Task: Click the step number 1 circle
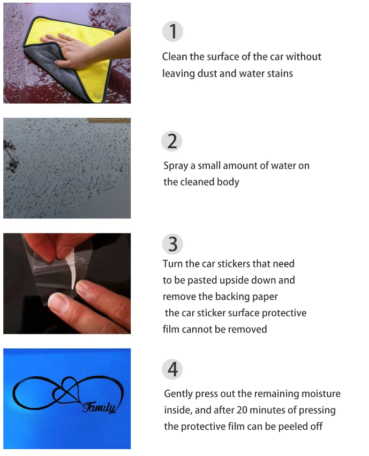[172, 32]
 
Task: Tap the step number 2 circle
[172, 141]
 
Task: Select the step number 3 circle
[172, 244]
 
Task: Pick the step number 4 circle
[172, 369]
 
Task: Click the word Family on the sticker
[100, 408]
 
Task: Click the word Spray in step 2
[176, 166]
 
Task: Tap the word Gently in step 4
[178, 394]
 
